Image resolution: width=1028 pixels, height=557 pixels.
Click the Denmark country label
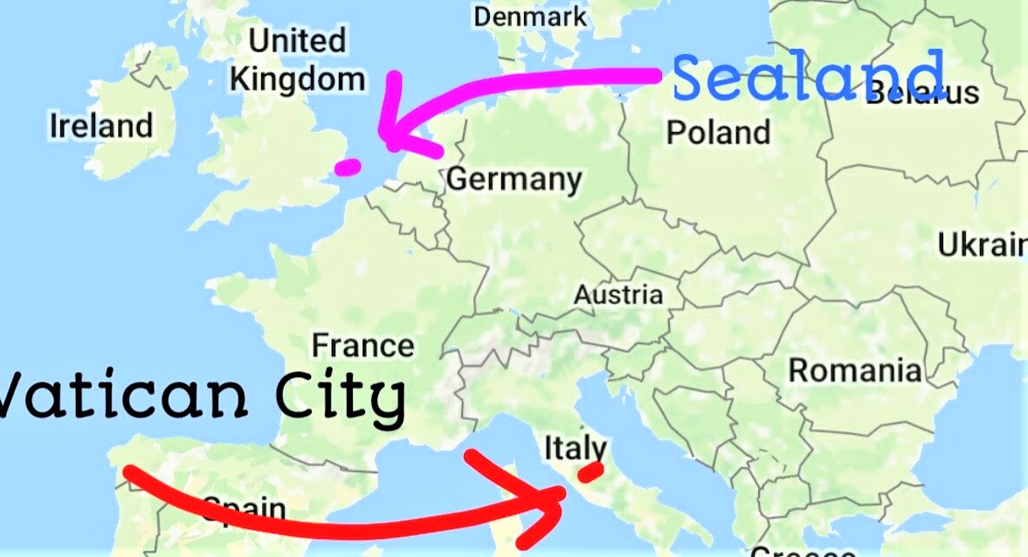pyautogui.click(x=530, y=17)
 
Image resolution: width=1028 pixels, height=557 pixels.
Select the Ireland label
pyautogui.click(x=101, y=126)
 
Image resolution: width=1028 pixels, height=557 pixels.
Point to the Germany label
pyautogui.click(x=514, y=179)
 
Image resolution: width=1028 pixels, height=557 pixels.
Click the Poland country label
pyautogui.click(x=718, y=133)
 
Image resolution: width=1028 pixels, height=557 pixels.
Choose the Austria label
pyautogui.click(x=617, y=294)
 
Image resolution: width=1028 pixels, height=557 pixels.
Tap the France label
pyautogui.click(x=362, y=345)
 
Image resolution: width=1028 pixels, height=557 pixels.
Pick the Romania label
pyautogui.click(x=854, y=370)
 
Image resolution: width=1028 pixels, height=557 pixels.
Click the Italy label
pyautogui.click(x=574, y=448)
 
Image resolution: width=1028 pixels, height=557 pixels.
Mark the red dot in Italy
pyautogui.click(x=590, y=471)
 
